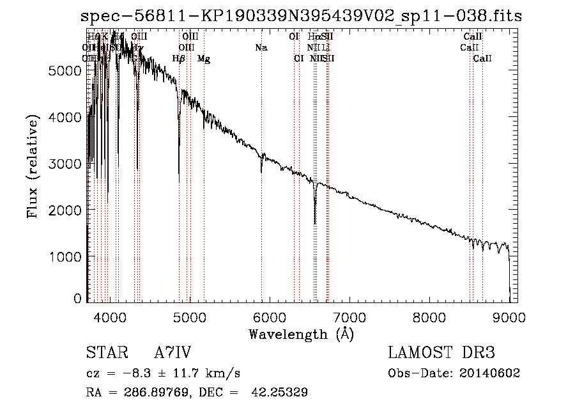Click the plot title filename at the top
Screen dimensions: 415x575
click(x=301, y=17)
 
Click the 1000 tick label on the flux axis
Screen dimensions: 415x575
click(x=66, y=256)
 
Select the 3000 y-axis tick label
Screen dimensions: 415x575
click(x=66, y=164)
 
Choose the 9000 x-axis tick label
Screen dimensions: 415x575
click(x=509, y=317)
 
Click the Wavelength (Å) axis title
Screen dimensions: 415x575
click(x=301, y=334)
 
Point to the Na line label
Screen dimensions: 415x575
click(x=261, y=48)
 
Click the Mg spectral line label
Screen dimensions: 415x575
click(x=203, y=59)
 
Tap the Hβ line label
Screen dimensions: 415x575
click(x=179, y=59)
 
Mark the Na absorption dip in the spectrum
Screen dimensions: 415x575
click(x=261, y=170)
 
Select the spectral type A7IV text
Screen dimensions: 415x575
click(x=172, y=354)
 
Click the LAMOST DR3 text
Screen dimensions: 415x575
click(x=441, y=354)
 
